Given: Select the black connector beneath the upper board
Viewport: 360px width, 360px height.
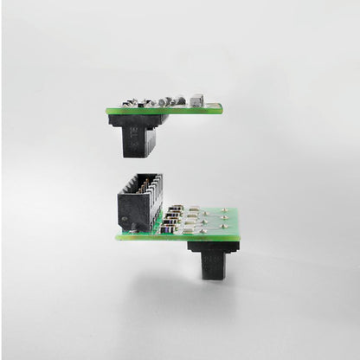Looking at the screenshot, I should point(138,134).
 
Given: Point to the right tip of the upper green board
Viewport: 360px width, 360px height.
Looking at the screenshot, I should point(222,108).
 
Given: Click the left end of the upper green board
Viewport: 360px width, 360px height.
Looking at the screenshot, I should point(108,111).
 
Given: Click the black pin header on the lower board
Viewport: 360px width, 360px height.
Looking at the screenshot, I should point(139,204).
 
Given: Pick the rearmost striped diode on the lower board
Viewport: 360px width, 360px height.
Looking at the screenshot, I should point(177,208).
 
